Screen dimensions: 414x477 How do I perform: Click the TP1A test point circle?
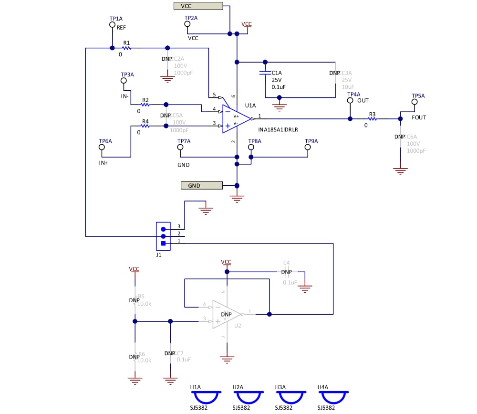pos(112,24)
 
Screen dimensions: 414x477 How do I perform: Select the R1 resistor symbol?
pos(126,48)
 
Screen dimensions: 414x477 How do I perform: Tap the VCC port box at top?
pos(198,6)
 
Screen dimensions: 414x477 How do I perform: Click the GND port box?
pos(202,185)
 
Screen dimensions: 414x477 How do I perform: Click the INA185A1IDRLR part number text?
pos(279,129)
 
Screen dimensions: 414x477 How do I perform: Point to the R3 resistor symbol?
pos(372,119)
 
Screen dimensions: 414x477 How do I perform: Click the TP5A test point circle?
pos(415,102)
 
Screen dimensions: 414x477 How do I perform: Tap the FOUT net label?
pos(419,117)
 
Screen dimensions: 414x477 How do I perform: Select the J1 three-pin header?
pos(163,236)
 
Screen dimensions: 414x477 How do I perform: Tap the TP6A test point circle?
pos(102,147)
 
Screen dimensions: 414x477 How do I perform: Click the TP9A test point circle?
pos(308,147)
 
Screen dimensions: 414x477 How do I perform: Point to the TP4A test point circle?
pos(350,100)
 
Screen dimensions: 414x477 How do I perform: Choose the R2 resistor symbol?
pos(145,105)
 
